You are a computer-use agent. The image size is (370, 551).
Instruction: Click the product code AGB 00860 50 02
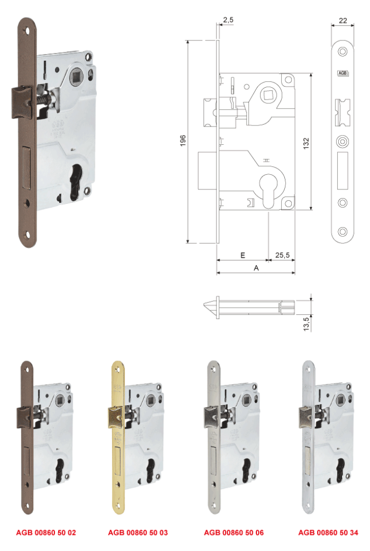pyautogui.click(x=46, y=532)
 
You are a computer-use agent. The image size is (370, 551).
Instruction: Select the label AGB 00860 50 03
pyautogui.click(x=138, y=532)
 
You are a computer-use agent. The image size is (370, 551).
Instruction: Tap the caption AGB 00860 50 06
pyautogui.click(x=234, y=532)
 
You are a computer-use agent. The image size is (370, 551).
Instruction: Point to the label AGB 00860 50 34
pyautogui.click(x=328, y=532)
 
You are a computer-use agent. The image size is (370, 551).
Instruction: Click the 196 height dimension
pyautogui.click(x=183, y=140)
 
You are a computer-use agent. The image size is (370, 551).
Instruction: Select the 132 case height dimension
pyautogui.click(x=306, y=143)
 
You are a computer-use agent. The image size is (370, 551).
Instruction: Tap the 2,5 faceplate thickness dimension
pyautogui.click(x=228, y=20)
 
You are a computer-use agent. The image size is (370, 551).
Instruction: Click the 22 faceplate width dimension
pyautogui.click(x=343, y=20)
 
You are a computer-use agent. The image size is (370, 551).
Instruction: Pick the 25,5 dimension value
pyautogui.click(x=282, y=255)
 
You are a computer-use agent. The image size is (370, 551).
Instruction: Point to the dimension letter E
pyautogui.click(x=243, y=255)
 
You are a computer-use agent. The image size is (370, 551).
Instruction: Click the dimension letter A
pyautogui.click(x=256, y=268)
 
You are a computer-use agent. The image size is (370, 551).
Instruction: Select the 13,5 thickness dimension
pyautogui.click(x=306, y=324)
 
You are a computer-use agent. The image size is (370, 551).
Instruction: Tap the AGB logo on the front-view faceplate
pyautogui.click(x=342, y=73)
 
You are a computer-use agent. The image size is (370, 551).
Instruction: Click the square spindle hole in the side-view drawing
pyautogui.click(x=266, y=94)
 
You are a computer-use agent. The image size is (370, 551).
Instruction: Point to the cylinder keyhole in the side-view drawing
pyautogui.click(x=268, y=190)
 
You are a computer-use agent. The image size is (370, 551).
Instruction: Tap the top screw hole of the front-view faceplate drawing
pyautogui.click(x=342, y=52)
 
